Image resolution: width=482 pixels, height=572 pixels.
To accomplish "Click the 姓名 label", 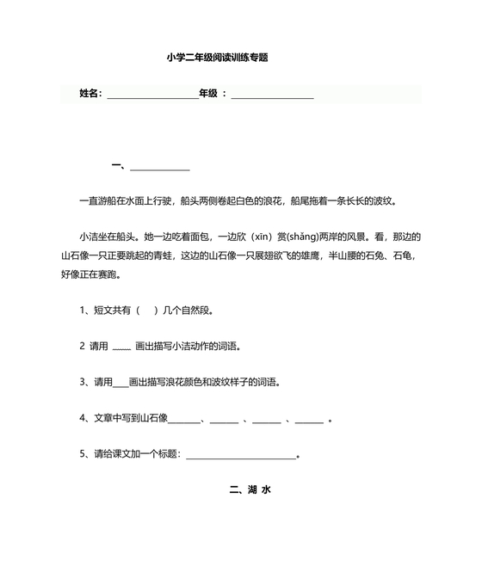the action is click(x=90, y=93).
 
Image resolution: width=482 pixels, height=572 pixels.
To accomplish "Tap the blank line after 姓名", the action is click(x=152, y=95).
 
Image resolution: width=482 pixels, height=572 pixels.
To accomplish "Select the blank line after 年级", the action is click(x=272, y=95).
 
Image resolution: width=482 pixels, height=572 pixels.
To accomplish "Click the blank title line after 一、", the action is click(x=160, y=168).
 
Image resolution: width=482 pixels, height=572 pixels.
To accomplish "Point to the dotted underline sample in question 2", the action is click(x=121, y=348).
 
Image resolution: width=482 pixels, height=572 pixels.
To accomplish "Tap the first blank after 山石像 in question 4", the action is click(x=183, y=421).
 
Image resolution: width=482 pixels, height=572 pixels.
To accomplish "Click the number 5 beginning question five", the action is click(x=83, y=454).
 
